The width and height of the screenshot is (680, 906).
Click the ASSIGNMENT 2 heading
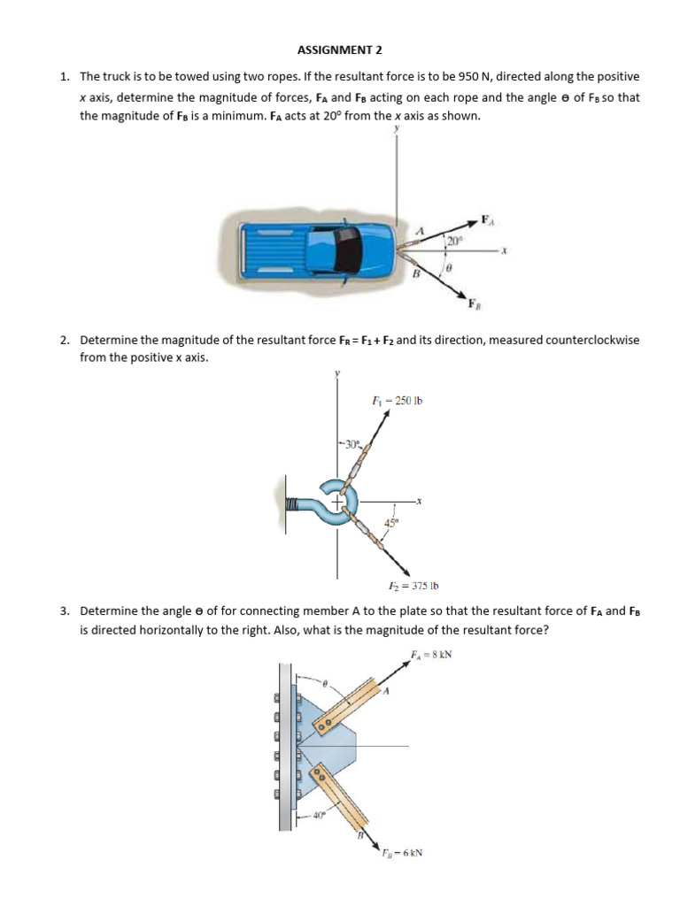click(x=340, y=50)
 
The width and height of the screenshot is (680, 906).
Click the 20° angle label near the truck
click(x=454, y=240)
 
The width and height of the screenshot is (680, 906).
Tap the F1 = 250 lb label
click(x=397, y=401)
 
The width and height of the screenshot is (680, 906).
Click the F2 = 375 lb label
click(x=414, y=586)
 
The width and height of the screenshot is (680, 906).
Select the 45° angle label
click(x=390, y=523)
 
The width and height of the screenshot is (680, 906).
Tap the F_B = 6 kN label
click(x=401, y=854)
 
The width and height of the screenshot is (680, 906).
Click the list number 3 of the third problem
click(x=65, y=611)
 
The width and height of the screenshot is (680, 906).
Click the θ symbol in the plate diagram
click(x=324, y=684)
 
